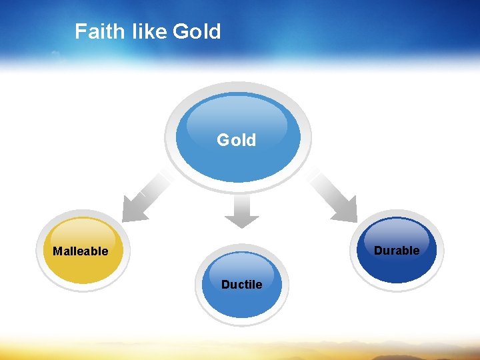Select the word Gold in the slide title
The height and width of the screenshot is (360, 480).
tap(197, 31)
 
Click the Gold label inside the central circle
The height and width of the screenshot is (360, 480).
tap(237, 140)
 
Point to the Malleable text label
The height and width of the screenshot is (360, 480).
tap(80, 251)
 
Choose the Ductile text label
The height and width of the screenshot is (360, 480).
tap(241, 285)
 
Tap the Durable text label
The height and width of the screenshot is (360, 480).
tap(397, 251)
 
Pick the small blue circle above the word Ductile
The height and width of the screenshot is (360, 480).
tap(242, 267)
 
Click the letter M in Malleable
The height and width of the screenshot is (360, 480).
tap(57, 251)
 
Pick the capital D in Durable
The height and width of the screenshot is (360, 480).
tap(378, 251)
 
